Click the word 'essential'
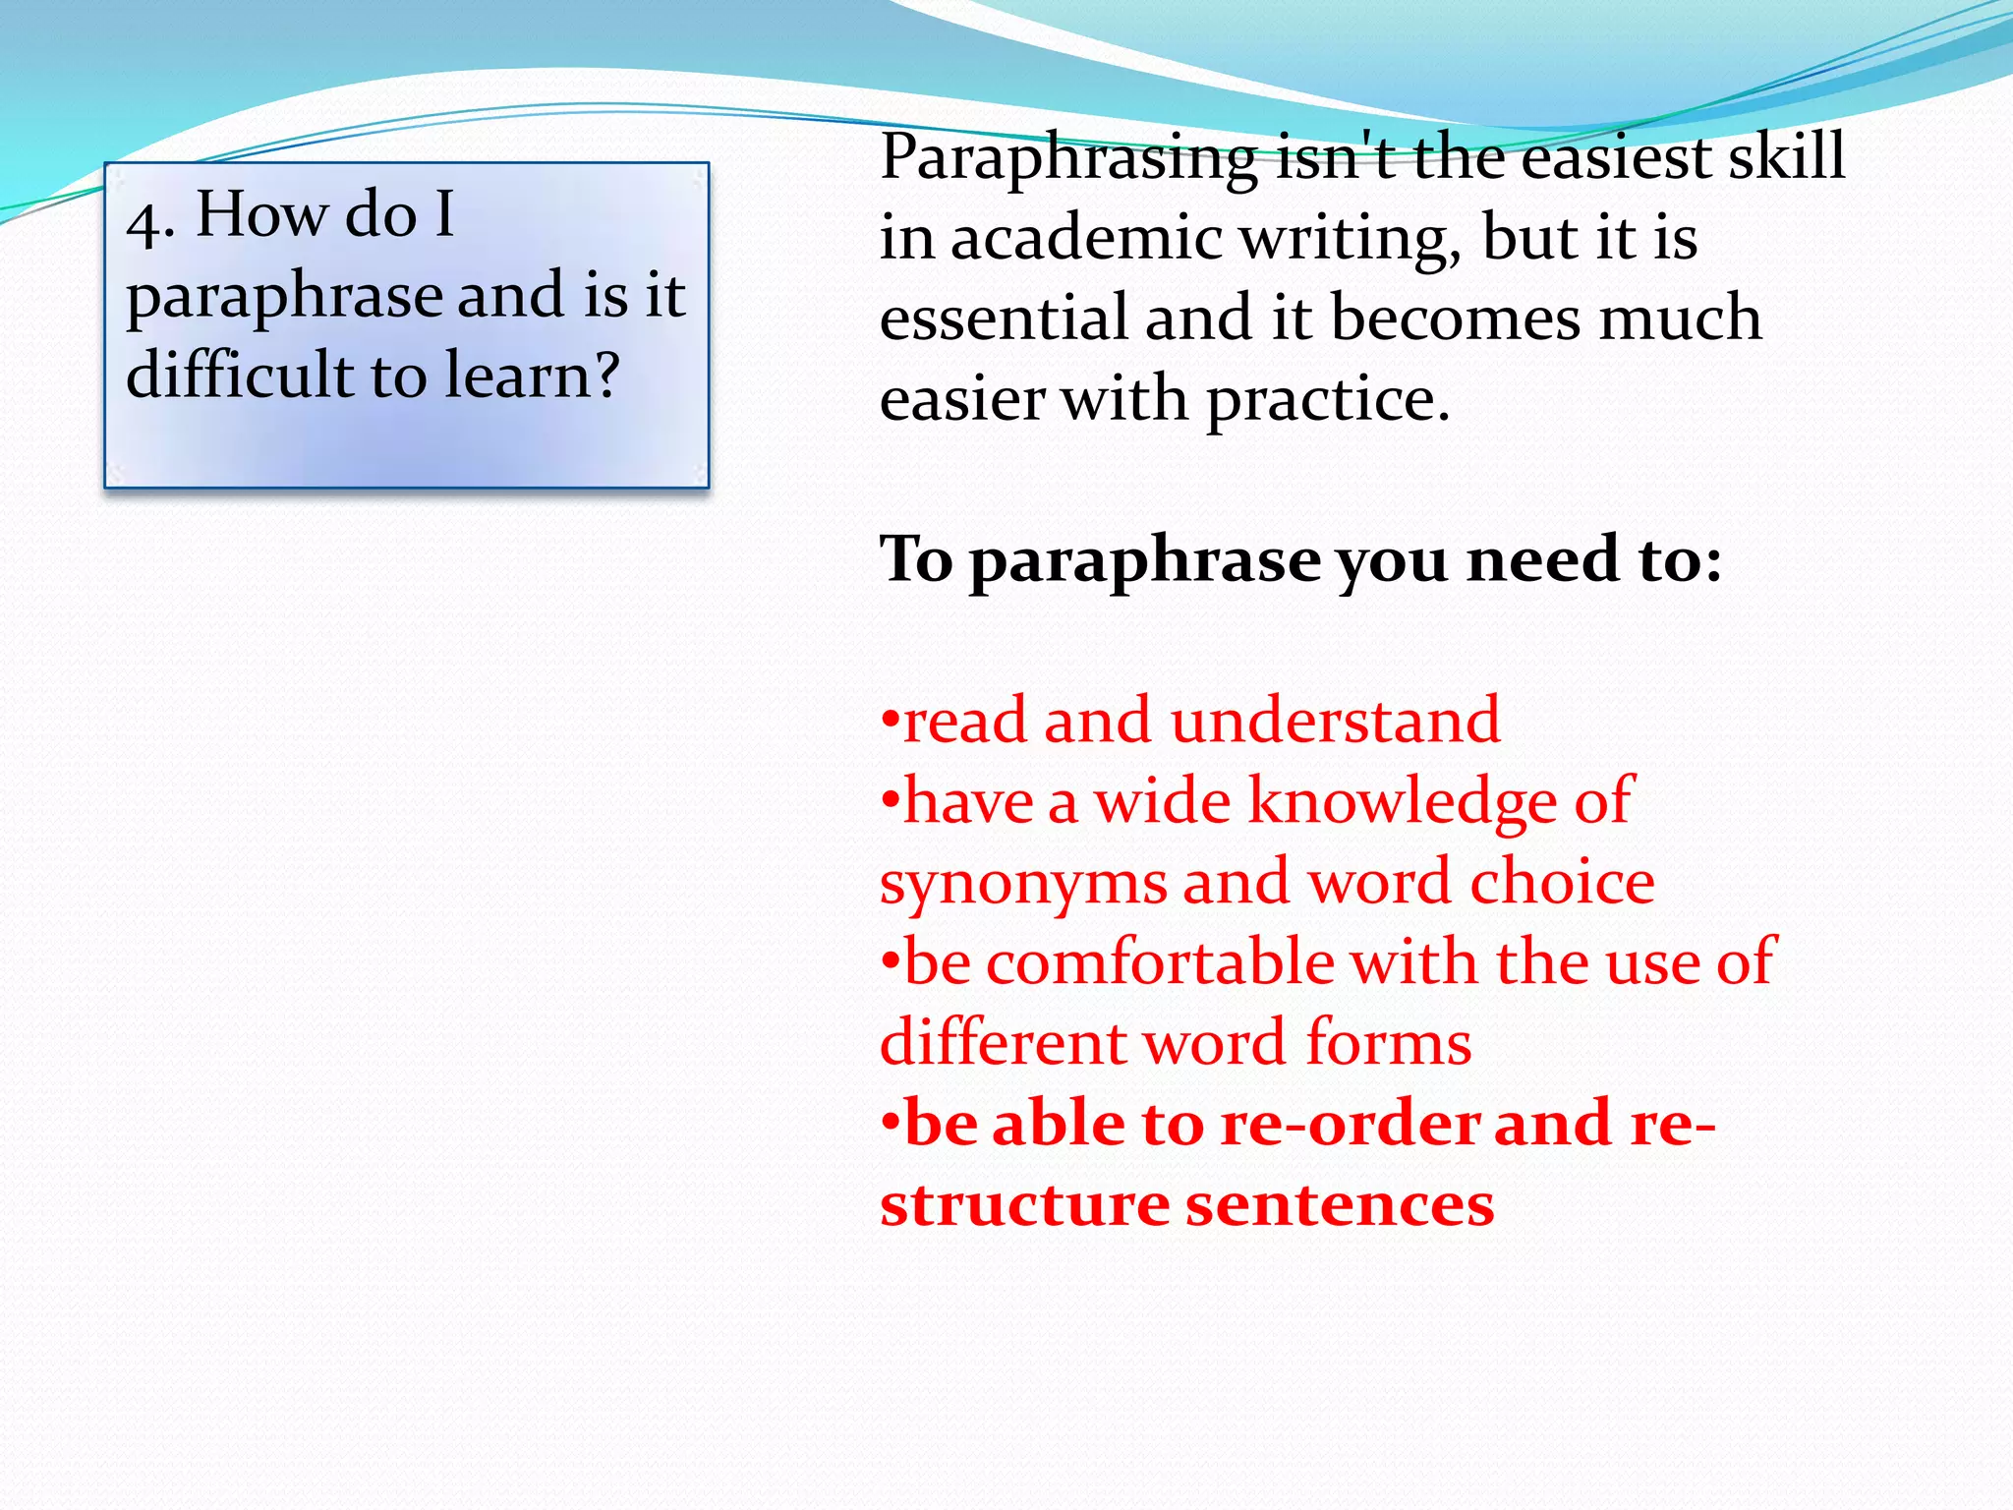click(x=1004, y=318)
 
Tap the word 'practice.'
click(x=1328, y=401)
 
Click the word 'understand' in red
click(x=1336, y=720)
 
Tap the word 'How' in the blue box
click(x=261, y=213)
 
